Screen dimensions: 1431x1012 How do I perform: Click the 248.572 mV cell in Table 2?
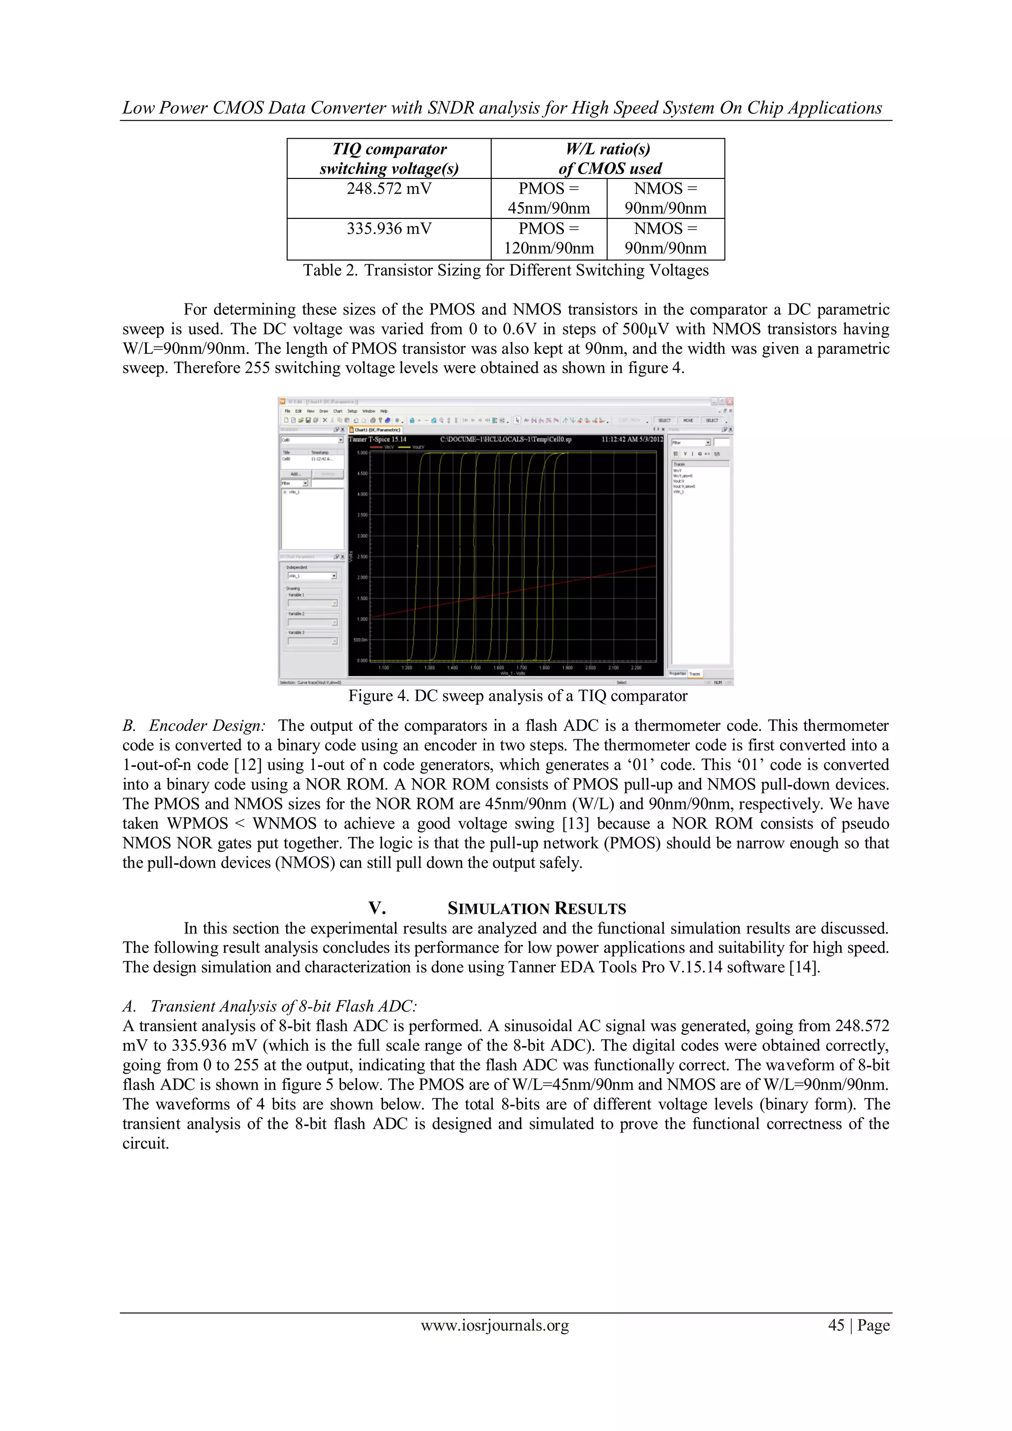(389, 189)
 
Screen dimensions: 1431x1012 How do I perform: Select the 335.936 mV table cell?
(389, 229)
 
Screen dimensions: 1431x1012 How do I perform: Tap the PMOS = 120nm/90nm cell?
(548, 238)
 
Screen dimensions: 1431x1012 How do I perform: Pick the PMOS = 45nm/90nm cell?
(548, 198)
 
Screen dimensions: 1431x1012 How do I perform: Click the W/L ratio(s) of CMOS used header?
(608, 158)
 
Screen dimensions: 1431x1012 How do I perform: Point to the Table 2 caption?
(506, 270)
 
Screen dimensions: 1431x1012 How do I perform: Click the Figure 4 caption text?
(517, 696)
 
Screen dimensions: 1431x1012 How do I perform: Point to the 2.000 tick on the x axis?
(590, 668)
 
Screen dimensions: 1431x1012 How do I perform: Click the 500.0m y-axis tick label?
(361, 640)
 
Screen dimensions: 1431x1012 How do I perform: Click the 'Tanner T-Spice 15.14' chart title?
(378, 439)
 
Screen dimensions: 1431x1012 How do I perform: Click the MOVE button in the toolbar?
(688, 421)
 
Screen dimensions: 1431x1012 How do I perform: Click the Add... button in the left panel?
(296, 474)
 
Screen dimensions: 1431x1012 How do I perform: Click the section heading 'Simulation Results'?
(537, 908)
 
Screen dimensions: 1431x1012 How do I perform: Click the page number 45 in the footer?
(836, 1326)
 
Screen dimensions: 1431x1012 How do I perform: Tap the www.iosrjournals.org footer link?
(495, 1326)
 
